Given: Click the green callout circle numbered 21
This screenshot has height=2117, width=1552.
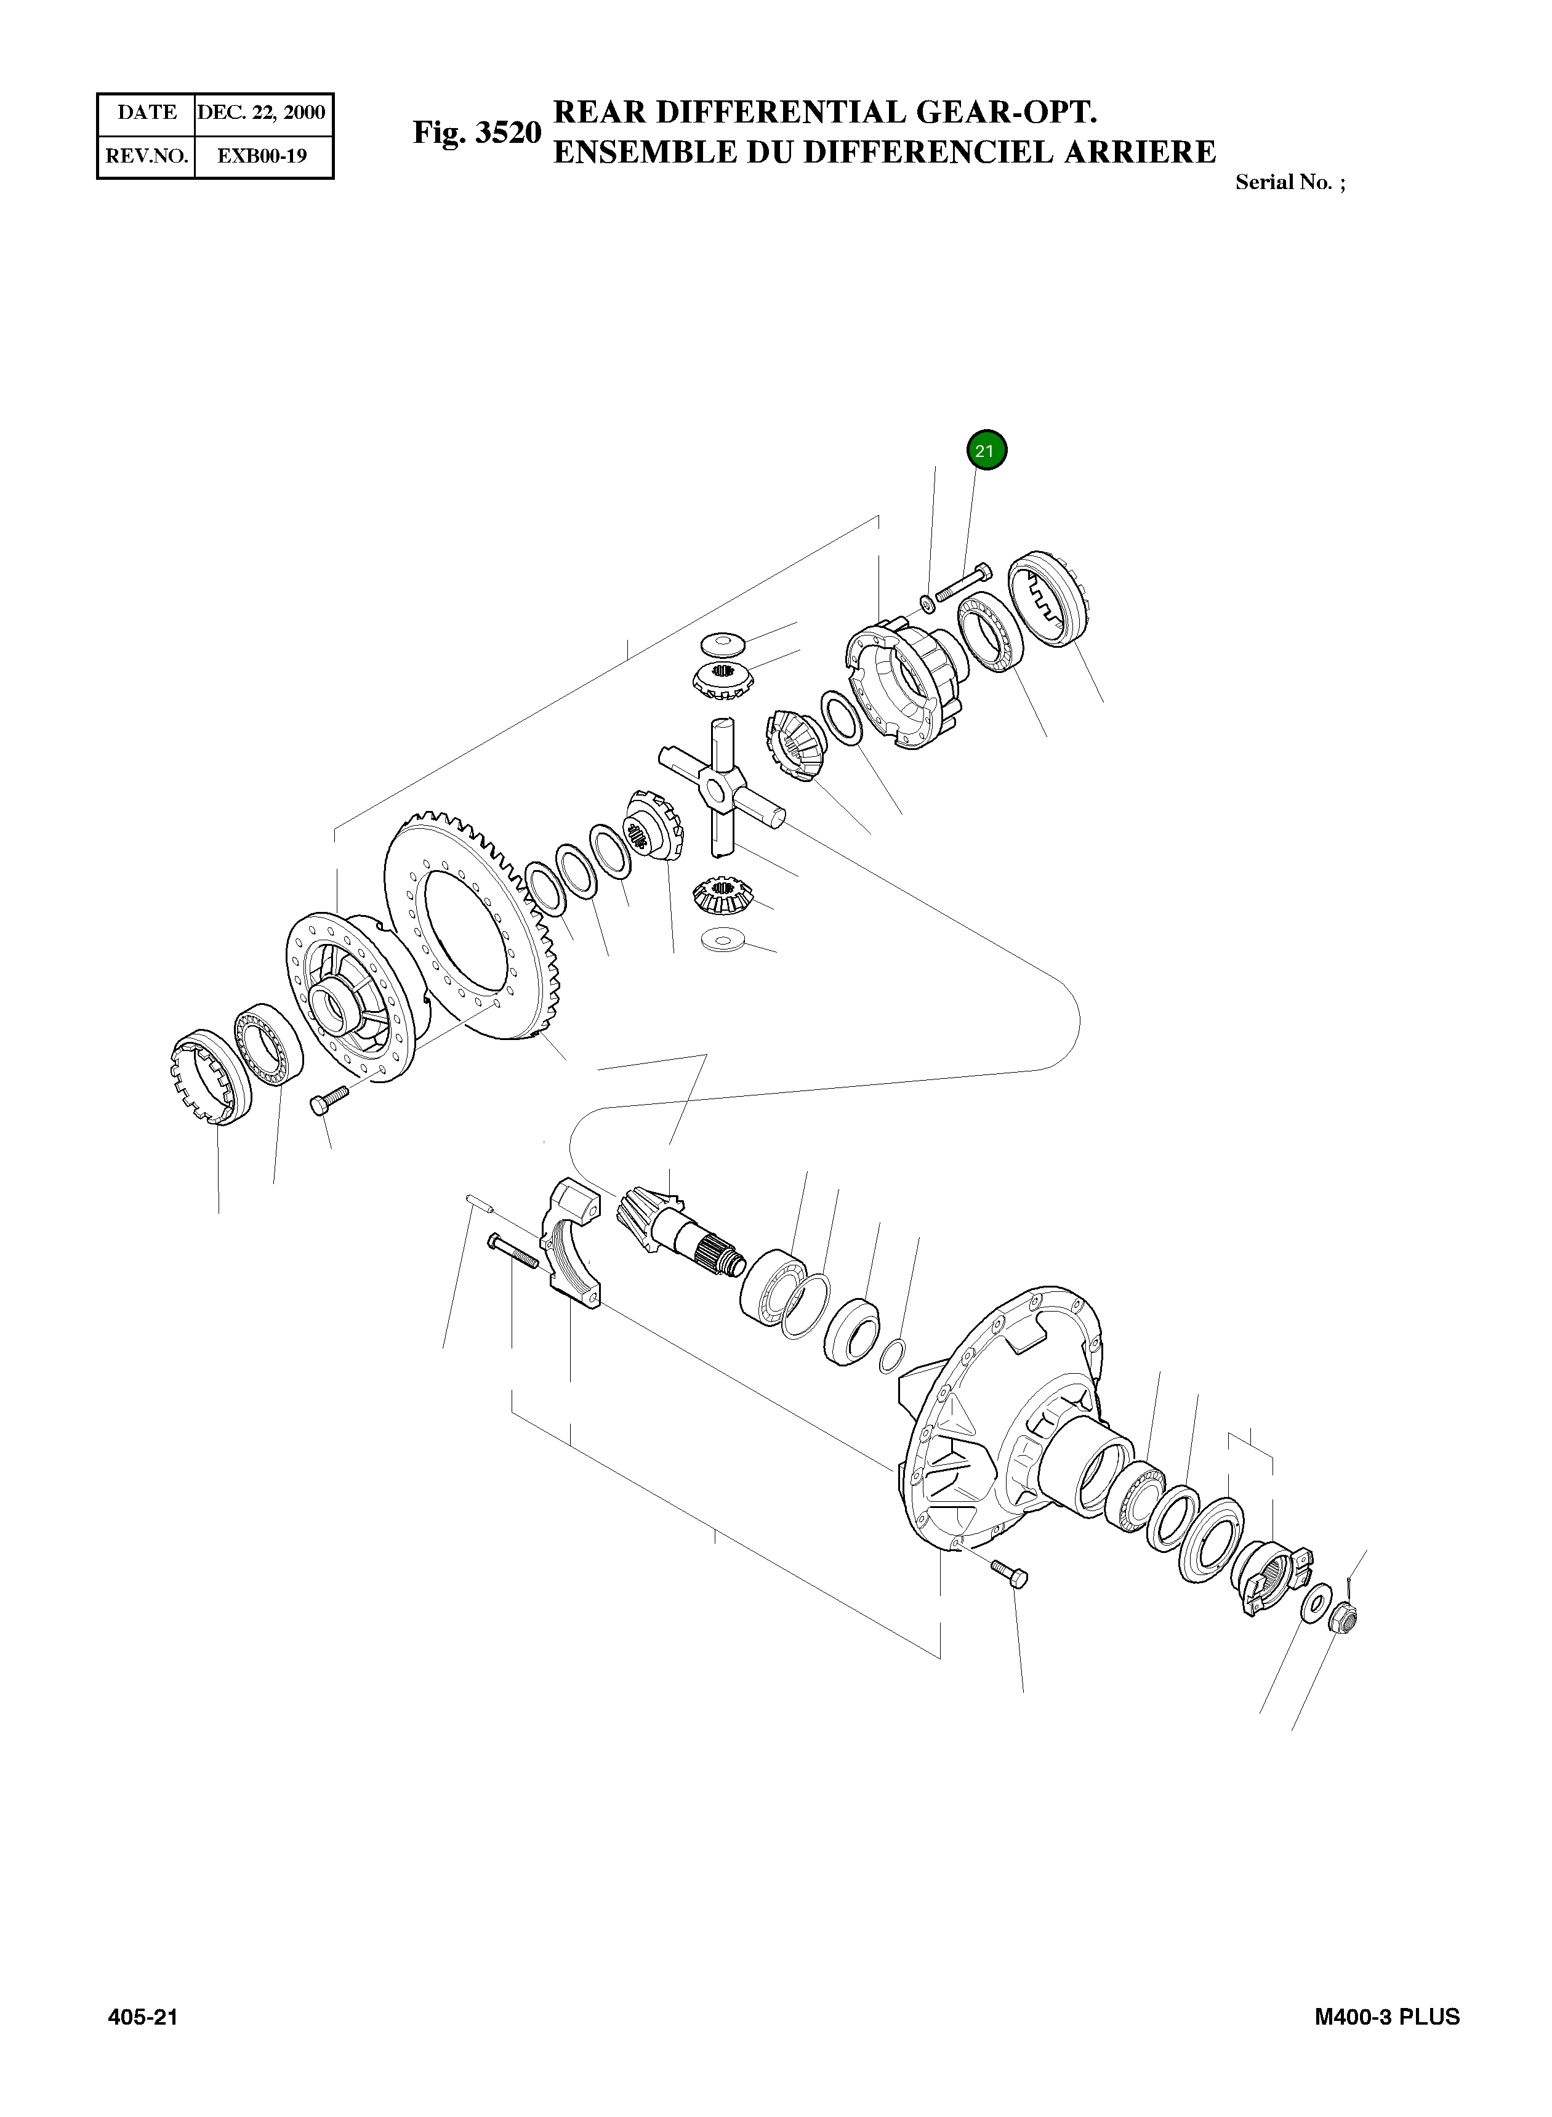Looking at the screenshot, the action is point(984,450).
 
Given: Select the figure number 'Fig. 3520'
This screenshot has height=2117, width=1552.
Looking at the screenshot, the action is point(477,132).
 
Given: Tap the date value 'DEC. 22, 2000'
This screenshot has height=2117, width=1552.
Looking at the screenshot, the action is point(263,113).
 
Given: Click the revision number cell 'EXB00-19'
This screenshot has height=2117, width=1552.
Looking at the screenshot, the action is point(262,156).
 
